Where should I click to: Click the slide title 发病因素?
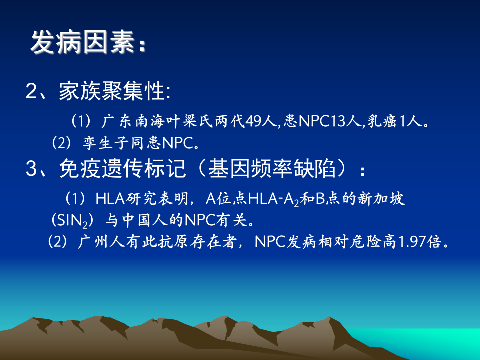pyautogui.click(x=82, y=43)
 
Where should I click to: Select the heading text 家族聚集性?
pyautogui.click(x=112, y=91)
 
